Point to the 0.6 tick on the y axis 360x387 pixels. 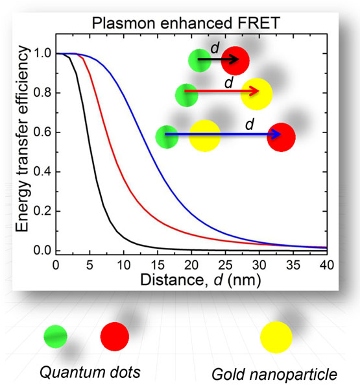pyautogui.click(x=54, y=132)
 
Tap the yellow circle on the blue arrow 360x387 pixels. pyautogui.click(x=204, y=137)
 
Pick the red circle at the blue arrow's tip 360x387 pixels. pyautogui.click(x=281, y=135)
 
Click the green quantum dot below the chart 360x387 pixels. pyautogui.click(x=56, y=336)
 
